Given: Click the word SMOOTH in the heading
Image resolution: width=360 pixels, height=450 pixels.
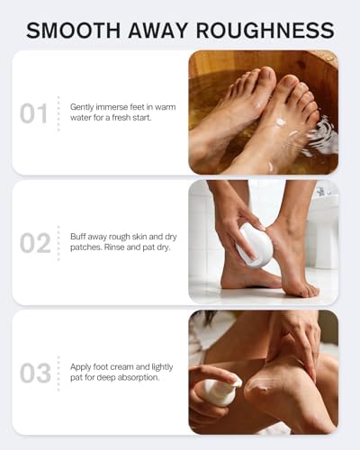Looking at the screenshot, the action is (x=74, y=30).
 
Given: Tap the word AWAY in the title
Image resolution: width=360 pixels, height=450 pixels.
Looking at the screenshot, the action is (x=158, y=30).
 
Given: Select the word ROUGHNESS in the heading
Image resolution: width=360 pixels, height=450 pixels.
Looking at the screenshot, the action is (x=265, y=30).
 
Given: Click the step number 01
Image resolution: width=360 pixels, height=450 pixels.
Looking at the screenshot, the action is (x=33, y=113).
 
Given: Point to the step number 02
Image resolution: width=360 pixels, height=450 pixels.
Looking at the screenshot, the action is (x=35, y=243).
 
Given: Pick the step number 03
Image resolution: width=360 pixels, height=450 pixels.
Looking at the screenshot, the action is (x=35, y=373).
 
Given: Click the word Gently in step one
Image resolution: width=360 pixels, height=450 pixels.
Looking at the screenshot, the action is (x=82, y=107).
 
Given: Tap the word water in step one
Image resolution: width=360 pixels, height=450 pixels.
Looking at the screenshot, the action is (x=80, y=118).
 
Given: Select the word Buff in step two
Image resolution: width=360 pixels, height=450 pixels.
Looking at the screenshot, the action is (x=78, y=237).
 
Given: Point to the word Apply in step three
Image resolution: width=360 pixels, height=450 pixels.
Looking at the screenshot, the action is (x=80, y=367).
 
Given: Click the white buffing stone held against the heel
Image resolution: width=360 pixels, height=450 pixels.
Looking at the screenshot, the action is (x=255, y=245).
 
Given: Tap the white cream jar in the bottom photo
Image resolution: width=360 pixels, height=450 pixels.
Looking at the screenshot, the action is (x=220, y=391).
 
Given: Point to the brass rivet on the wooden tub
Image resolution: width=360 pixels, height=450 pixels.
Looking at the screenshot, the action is (x=330, y=56).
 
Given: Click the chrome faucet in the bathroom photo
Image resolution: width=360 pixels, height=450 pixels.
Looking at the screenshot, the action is (x=321, y=191).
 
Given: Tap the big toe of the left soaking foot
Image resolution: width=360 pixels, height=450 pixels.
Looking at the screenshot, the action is (x=265, y=78).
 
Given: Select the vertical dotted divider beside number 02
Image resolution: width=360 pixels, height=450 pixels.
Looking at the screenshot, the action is (x=58, y=243).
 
